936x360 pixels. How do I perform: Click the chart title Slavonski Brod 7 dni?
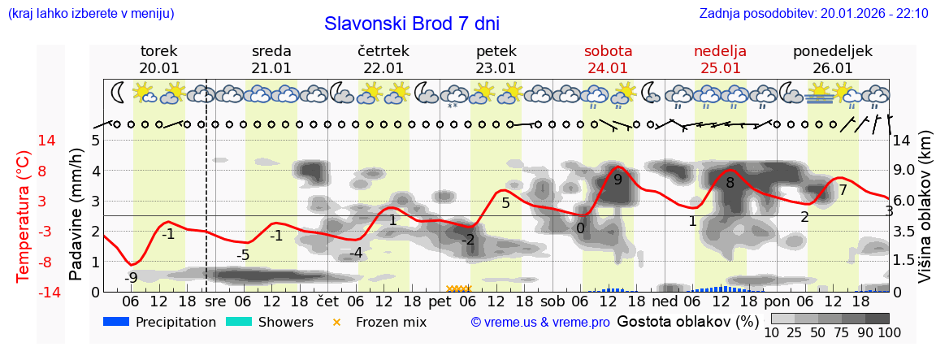point(411,24)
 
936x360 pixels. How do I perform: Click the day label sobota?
point(608,50)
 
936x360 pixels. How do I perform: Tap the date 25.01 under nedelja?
point(720,68)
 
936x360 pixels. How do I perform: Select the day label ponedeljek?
point(832,50)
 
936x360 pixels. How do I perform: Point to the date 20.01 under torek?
point(159,68)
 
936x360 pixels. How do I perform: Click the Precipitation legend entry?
point(159,322)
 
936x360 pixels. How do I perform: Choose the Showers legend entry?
point(269,322)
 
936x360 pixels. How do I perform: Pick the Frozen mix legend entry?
point(381,322)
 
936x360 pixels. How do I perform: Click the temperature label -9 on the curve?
point(130,278)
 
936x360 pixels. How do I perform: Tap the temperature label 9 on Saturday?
point(617,180)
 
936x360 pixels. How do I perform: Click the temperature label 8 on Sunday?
point(730,184)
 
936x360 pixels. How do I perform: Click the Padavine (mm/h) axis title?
point(77,214)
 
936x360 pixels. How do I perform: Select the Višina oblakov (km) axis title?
point(925,217)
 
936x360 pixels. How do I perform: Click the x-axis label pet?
point(440,301)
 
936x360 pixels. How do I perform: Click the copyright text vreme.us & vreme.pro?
point(540,323)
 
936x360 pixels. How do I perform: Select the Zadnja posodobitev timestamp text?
point(813,13)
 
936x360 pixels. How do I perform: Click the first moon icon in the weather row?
point(119,93)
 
